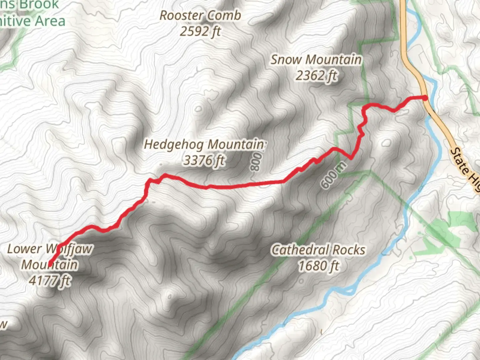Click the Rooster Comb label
(200, 15)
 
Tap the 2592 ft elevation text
(200, 31)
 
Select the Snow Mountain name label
(316, 60)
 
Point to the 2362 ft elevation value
(316, 76)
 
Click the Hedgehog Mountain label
(204, 144)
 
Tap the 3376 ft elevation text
(204, 161)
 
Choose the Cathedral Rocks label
(318, 250)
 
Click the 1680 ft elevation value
(318, 266)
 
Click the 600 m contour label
(334, 176)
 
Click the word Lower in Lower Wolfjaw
(24, 249)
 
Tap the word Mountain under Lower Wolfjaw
(50, 265)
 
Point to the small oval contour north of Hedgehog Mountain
(199, 109)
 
